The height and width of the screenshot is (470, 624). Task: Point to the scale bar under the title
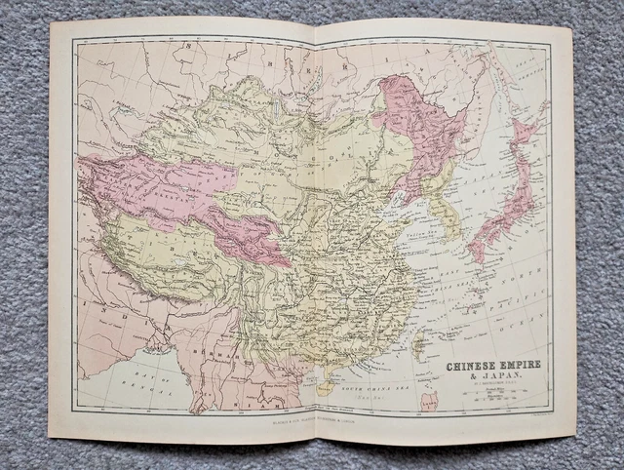(x=492, y=395)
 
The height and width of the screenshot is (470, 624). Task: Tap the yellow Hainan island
(x=325, y=387)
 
